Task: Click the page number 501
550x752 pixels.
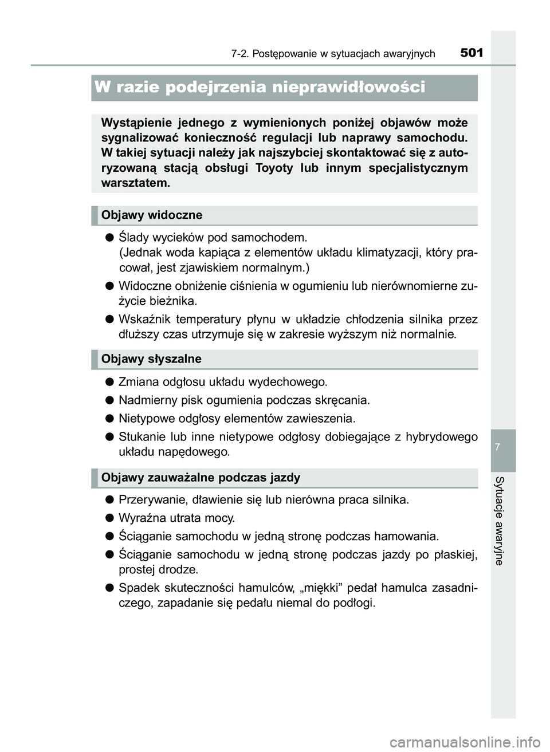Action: [x=472, y=53]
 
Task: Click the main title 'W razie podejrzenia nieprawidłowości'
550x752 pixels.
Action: [x=260, y=87]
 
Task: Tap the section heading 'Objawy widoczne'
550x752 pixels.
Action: [x=152, y=215]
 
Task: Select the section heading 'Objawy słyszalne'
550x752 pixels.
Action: [x=151, y=359]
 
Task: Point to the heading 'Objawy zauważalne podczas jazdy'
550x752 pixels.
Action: [x=201, y=478]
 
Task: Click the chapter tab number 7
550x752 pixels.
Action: [x=502, y=446]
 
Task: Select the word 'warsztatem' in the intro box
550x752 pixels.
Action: [x=135, y=183]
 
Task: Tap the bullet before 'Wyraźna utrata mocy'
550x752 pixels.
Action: [x=108, y=518]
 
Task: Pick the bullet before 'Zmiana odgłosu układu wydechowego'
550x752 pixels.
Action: [x=108, y=382]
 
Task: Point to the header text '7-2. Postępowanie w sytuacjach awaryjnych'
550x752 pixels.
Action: [x=333, y=54]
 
